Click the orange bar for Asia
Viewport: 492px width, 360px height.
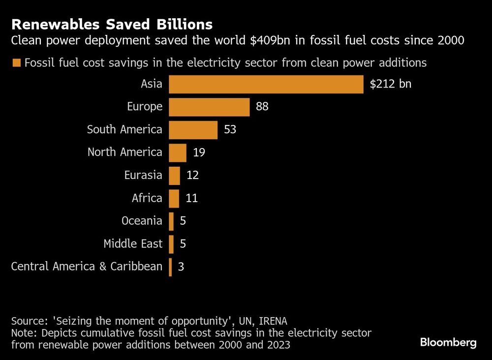pos(266,84)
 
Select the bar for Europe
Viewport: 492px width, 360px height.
pos(209,107)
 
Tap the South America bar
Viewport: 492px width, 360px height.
pos(193,130)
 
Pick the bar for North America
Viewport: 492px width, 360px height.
pos(178,152)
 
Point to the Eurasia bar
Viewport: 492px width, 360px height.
pos(174,176)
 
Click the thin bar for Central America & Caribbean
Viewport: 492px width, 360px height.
pos(170,267)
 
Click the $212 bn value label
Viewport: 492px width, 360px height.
pos(390,84)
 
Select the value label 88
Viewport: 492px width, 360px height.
pos(262,107)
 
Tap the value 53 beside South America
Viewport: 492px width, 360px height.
pos(230,130)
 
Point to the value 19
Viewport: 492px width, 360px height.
pos(199,152)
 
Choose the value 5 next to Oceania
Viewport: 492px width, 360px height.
pos(183,221)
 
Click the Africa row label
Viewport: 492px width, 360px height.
pos(147,198)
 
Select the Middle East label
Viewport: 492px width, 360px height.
pos(133,244)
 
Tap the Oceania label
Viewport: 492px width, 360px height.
pos(142,221)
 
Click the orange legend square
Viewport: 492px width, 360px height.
pos(16,63)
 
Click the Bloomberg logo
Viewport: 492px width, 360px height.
pos(448,342)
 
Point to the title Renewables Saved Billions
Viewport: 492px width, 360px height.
pos(112,25)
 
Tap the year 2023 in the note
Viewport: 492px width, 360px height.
pos(279,345)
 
